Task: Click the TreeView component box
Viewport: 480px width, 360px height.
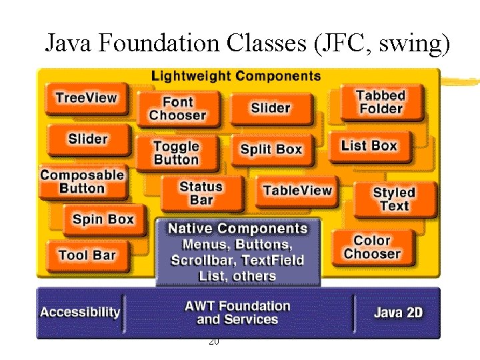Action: [87, 99]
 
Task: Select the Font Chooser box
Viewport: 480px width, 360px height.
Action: [178, 109]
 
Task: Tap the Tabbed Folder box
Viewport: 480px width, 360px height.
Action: [380, 103]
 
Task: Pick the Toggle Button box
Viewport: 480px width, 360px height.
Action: [177, 153]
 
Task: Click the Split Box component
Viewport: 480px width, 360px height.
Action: [271, 150]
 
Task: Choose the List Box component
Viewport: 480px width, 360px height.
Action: [369, 146]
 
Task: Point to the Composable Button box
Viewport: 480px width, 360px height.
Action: [83, 181]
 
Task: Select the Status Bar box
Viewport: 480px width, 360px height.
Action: [201, 193]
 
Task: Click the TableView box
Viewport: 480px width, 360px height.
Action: [297, 191]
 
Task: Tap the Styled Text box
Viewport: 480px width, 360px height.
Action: [394, 199]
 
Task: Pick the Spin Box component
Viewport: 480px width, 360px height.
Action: [103, 219]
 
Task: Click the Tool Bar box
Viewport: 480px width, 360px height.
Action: [87, 255]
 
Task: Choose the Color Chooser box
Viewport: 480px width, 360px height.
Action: [372, 247]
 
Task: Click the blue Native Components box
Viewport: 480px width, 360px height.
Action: [237, 252]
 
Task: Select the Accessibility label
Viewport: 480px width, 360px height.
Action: [81, 312]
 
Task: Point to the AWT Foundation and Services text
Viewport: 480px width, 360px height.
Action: [237, 313]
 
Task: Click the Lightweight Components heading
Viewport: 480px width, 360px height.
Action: [236, 76]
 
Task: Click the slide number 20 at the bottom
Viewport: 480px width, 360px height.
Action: [213, 341]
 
